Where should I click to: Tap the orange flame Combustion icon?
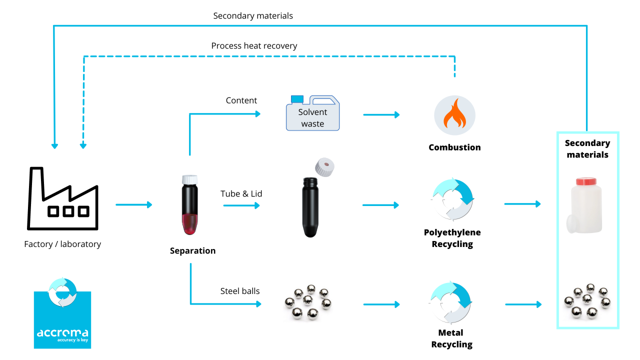(454, 116)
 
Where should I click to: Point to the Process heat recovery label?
(254, 46)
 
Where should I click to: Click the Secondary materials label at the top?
(253, 15)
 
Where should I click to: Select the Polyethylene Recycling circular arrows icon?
(453, 199)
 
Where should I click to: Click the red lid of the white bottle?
(587, 181)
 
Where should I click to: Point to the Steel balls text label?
(240, 291)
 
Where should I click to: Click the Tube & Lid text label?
(241, 193)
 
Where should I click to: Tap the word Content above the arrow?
(241, 100)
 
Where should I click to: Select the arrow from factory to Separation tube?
(133, 204)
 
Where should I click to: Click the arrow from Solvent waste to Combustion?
(381, 115)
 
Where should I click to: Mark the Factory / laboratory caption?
(62, 244)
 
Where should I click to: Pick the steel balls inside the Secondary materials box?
(587, 301)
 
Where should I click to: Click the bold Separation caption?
(192, 251)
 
